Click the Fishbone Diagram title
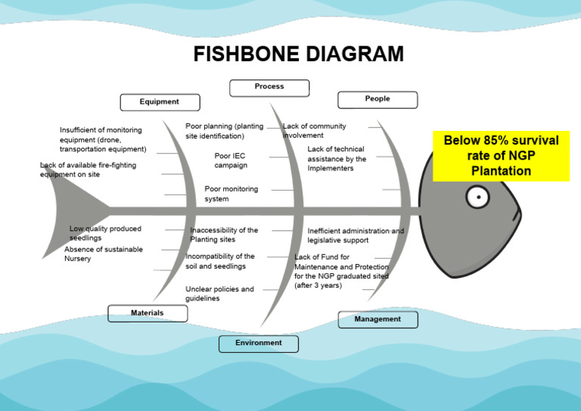298,54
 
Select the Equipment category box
160,102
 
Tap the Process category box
269,87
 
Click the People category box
377,99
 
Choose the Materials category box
148,313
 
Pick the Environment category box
259,344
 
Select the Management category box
377,319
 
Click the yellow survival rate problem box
501,155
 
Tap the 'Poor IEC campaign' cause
231,160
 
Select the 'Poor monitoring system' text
231,194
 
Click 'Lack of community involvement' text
314,130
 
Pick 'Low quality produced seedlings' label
105,233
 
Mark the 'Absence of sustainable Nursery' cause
103,254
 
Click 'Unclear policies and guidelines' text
219,294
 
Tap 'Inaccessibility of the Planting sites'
224,235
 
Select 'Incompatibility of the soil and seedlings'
220,261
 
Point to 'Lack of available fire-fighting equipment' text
88,170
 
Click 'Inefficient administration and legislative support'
355,235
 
